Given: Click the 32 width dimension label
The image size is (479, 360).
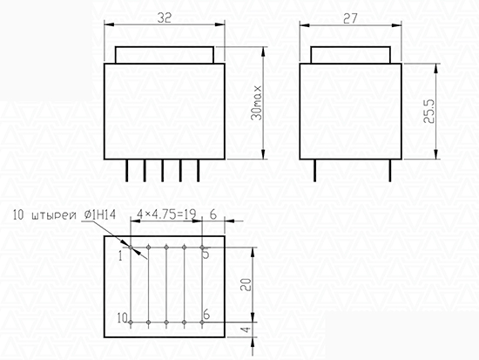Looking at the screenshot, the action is coord(165,18).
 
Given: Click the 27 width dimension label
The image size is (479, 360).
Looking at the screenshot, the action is coord(350,18).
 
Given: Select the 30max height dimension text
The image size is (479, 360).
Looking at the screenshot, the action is coord(257,103).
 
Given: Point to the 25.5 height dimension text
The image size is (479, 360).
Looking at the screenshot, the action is coord(428,111).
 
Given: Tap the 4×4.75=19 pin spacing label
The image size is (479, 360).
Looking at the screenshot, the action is coord(166,214).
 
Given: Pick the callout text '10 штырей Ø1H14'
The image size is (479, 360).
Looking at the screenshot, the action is coord(64,214).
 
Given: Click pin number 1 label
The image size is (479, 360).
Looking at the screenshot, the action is coord(121,256).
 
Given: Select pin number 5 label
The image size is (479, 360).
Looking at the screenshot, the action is coord(206,254).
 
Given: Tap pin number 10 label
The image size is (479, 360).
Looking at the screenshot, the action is coord(123,318).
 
